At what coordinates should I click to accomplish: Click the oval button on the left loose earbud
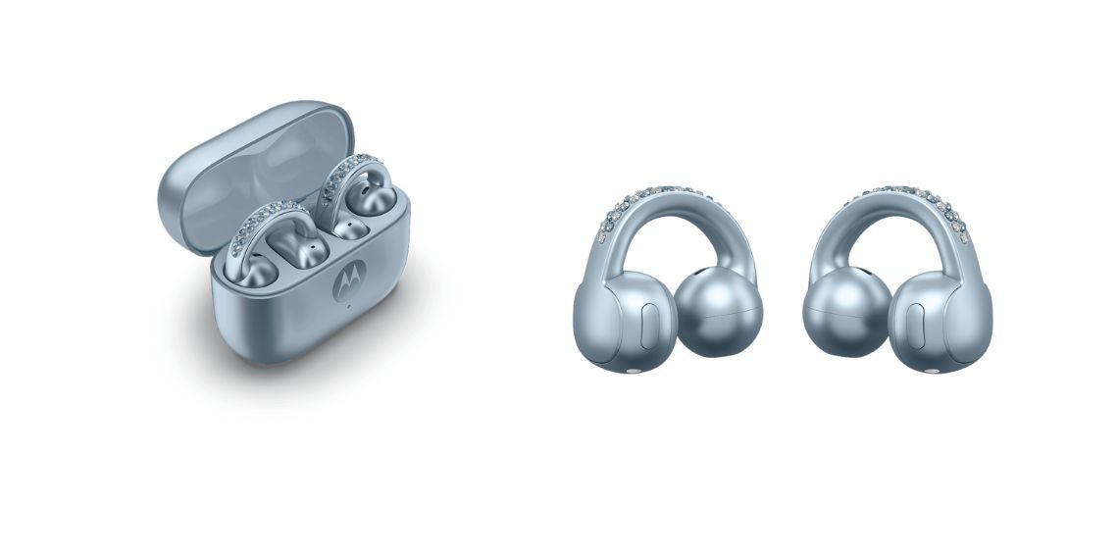coord(648,323)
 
